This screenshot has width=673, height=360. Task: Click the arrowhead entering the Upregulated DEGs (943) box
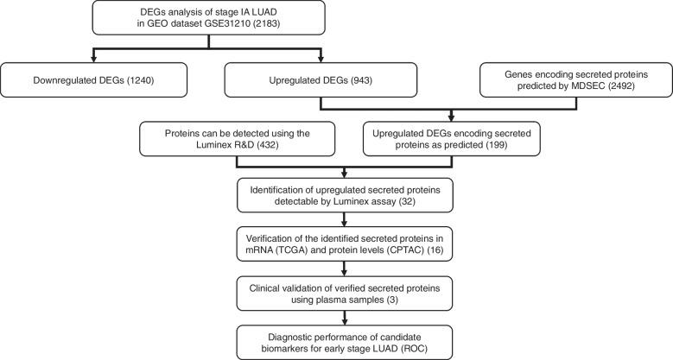322,60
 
